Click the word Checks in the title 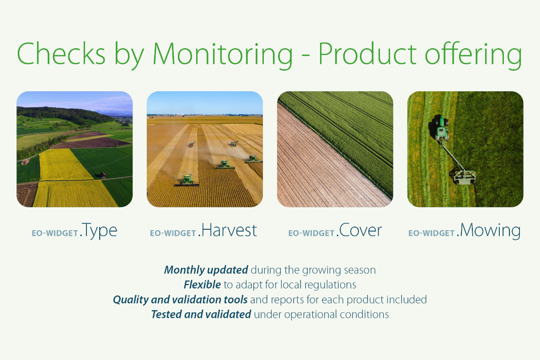click(x=61, y=54)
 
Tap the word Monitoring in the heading click(x=222, y=55)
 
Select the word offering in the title click(x=474, y=55)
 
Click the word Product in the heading click(x=367, y=54)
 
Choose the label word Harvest click(x=229, y=230)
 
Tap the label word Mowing click(x=491, y=231)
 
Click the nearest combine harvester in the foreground click(x=187, y=180)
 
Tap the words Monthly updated click(x=206, y=270)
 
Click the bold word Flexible click(x=202, y=284)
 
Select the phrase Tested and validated click(x=201, y=314)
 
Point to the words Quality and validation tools click(x=180, y=300)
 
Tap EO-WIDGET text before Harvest click(x=173, y=234)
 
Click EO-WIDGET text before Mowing click(x=432, y=234)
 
